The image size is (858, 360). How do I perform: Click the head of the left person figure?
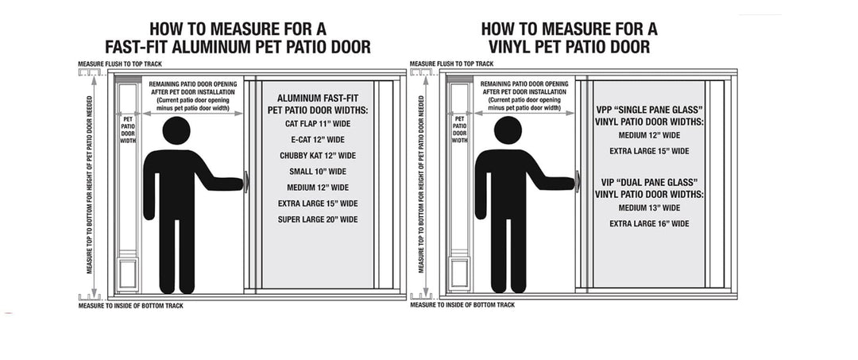pyautogui.click(x=176, y=131)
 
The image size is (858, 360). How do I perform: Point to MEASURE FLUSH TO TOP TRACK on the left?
pyautogui.click(x=118, y=63)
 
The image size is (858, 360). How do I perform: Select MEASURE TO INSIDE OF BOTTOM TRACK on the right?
pyautogui.click(x=462, y=304)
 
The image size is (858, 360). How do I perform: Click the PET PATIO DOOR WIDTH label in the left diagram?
pyautogui.click(x=128, y=129)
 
